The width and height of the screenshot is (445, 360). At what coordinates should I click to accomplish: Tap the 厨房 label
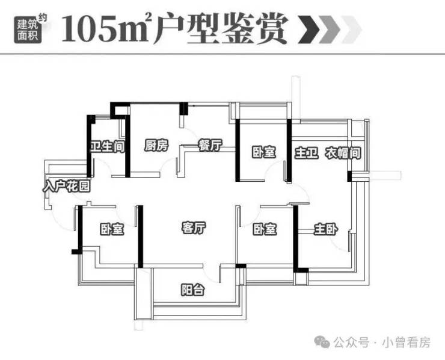click(x=156, y=146)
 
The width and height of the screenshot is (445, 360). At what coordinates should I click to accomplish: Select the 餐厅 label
click(x=210, y=146)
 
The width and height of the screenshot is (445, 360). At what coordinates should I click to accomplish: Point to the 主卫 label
click(x=304, y=153)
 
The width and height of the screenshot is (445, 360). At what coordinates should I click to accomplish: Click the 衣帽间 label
click(x=343, y=153)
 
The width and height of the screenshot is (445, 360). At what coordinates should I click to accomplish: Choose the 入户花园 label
click(x=67, y=186)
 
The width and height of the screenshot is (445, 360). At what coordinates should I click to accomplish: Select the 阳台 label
click(x=193, y=290)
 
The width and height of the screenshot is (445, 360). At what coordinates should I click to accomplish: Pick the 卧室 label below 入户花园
click(x=112, y=229)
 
